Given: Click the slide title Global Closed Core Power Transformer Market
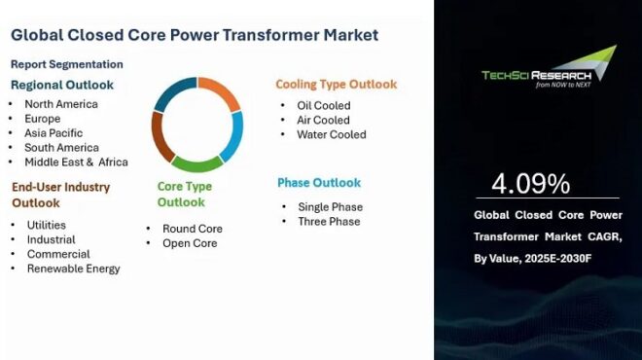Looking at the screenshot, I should (195, 35).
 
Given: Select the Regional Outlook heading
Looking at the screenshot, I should (62, 85).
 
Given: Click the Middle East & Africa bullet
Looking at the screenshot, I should (77, 162).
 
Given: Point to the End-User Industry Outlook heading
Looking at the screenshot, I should (60, 195).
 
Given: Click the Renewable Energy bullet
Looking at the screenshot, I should (74, 269).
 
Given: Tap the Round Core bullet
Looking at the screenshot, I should (192, 229).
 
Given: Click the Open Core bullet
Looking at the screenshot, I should (190, 243).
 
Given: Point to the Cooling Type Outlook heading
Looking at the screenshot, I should (336, 85).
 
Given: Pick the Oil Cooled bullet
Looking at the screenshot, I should (324, 106).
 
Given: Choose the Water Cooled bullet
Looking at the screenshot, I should (332, 135).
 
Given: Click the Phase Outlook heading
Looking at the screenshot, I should (319, 183).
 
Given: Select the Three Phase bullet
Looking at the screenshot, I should (329, 222).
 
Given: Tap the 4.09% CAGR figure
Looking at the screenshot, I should (530, 184).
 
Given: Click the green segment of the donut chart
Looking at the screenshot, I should (197, 163).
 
